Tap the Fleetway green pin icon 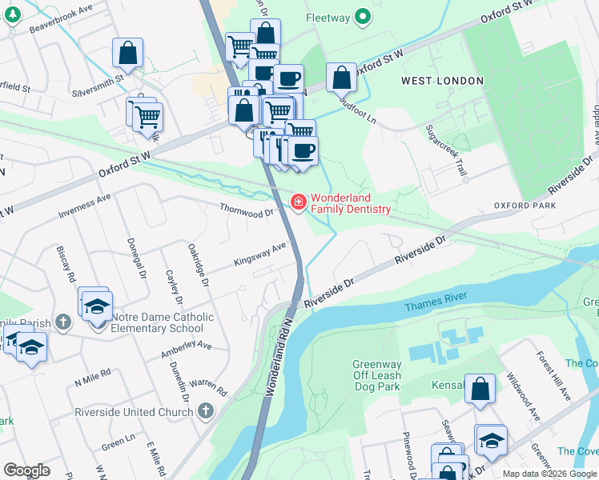coord(363,15)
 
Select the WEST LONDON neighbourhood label coord(442,81)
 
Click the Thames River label coord(433,306)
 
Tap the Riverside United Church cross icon coord(206,412)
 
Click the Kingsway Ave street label coord(259,254)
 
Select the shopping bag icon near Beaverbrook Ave coord(127,54)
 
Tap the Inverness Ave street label coord(85,206)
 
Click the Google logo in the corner coord(26,470)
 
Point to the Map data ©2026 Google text coord(549,474)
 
